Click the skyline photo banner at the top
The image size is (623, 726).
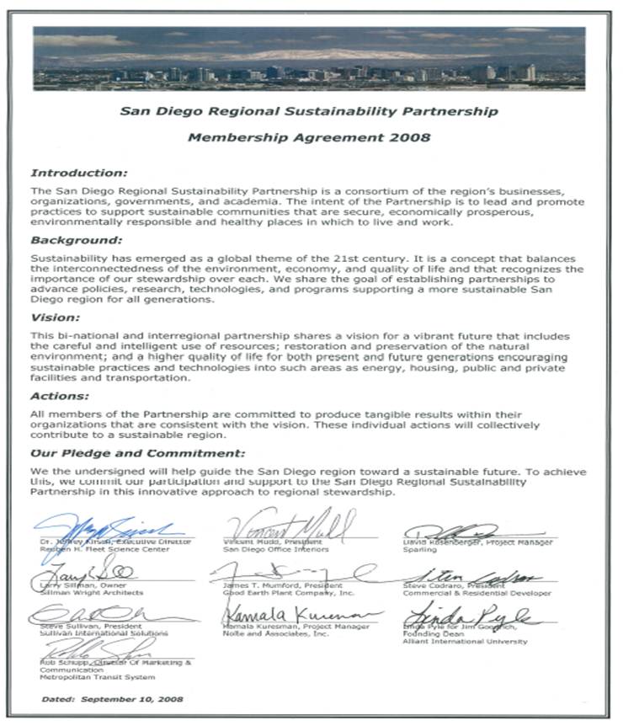coord(309,58)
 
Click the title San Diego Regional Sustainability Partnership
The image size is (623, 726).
coord(308,111)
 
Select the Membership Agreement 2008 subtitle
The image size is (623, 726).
coord(308,136)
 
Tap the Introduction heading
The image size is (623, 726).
coord(78,173)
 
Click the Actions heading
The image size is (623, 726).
coord(59,395)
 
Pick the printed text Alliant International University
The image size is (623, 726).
coord(465,641)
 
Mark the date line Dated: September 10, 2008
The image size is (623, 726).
coord(111,699)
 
